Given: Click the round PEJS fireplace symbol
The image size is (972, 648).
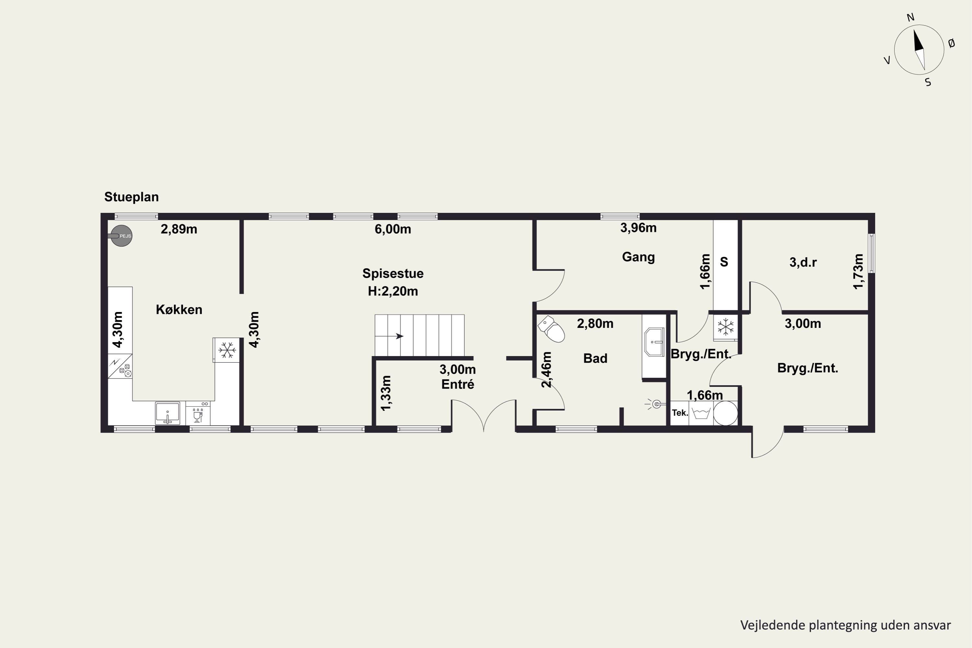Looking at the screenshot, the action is [x=121, y=236].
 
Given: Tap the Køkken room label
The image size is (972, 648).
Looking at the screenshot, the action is [x=179, y=309].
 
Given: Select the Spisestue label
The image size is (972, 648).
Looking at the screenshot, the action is [x=393, y=273].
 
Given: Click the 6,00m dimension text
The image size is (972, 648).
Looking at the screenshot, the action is [x=393, y=229].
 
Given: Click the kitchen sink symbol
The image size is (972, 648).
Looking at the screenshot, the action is [x=168, y=413].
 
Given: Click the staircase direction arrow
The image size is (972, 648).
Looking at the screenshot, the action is [x=389, y=336].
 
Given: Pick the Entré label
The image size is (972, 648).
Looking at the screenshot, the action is [x=457, y=384].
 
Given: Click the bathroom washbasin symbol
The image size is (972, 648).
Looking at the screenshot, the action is [x=654, y=342].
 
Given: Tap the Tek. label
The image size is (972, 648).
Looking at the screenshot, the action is [x=680, y=412].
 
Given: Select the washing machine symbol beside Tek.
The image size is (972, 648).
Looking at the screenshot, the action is [x=701, y=413].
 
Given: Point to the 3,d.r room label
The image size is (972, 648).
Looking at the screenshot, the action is [x=803, y=262].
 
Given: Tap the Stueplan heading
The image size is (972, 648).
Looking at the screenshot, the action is [x=132, y=197].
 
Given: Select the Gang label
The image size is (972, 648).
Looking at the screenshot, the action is [x=639, y=257].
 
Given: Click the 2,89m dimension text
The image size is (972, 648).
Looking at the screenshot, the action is [x=179, y=229].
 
